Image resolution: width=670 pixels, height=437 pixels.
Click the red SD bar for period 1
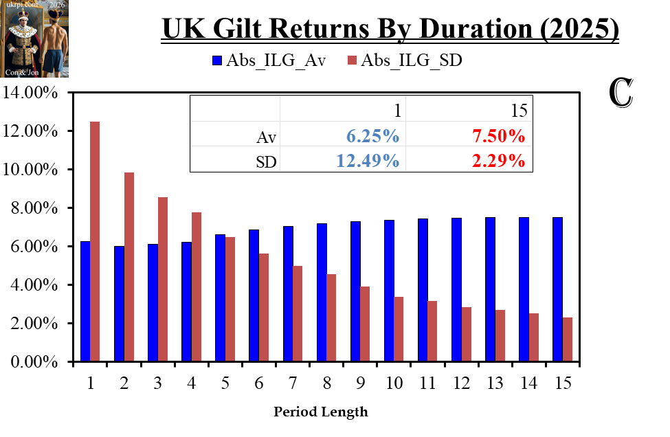[x=95, y=241]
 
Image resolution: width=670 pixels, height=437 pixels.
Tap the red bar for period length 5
[x=230, y=300]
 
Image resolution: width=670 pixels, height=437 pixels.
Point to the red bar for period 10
[x=398, y=329]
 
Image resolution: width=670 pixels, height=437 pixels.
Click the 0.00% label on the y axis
[x=36, y=361]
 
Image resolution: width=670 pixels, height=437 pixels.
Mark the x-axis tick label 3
[x=157, y=383]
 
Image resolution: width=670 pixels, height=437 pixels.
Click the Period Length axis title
[x=321, y=412]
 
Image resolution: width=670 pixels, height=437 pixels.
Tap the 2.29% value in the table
[x=499, y=161]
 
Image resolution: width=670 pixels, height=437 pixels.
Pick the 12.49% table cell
[x=368, y=161]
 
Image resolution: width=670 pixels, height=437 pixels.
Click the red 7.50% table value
[x=499, y=136]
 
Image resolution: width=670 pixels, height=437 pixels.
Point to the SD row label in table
[x=266, y=161]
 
